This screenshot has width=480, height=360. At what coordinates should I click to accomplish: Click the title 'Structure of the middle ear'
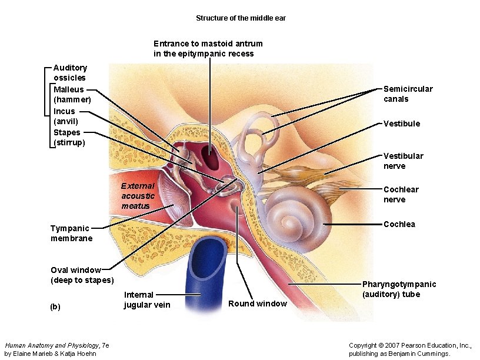[x=241, y=18]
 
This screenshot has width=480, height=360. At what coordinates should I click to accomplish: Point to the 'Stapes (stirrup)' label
[x=69, y=138]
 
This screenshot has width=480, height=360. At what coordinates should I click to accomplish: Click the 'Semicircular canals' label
[x=408, y=94]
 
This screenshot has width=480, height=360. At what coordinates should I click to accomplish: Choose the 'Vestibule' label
[x=402, y=124]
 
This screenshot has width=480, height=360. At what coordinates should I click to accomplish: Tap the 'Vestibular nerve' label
[x=403, y=161]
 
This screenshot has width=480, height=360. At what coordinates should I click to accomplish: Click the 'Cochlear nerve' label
[x=401, y=194]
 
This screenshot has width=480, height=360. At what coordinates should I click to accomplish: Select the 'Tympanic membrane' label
[x=71, y=233]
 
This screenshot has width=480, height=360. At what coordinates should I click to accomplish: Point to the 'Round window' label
[x=257, y=304]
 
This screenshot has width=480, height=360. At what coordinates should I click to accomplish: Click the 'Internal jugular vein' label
[x=146, y=299]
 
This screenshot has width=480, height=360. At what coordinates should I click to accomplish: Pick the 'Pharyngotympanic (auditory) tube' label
[x=399, y=289]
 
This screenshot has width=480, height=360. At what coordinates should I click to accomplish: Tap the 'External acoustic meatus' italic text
[x=138, y=196]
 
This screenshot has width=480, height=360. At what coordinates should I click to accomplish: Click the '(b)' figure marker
[x=55, y=306]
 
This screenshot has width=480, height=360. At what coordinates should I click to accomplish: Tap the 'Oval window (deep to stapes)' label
[x=82, y=275]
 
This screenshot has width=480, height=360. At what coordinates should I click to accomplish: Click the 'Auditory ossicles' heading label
[x=70, y=72]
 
